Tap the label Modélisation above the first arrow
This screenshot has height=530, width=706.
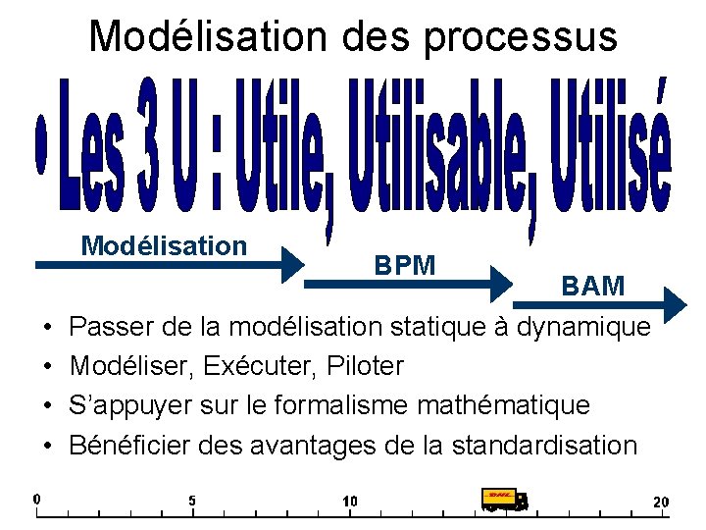(x=164, y=245)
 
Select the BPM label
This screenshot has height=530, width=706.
(x=405, y=264)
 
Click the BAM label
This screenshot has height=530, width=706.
(x=593, y=286)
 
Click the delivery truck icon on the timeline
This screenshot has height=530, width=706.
(x=505, y=500)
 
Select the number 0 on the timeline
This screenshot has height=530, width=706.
(x=36, y=498)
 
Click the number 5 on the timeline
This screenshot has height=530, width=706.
(x=192, y=501)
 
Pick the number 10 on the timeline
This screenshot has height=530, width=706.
(x=350, y=501)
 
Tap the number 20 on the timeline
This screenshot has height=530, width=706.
(x=661, y=502)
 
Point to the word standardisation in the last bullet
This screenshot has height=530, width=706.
(x=544, y=445)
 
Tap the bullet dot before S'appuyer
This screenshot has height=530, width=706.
(x=46, y=405)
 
